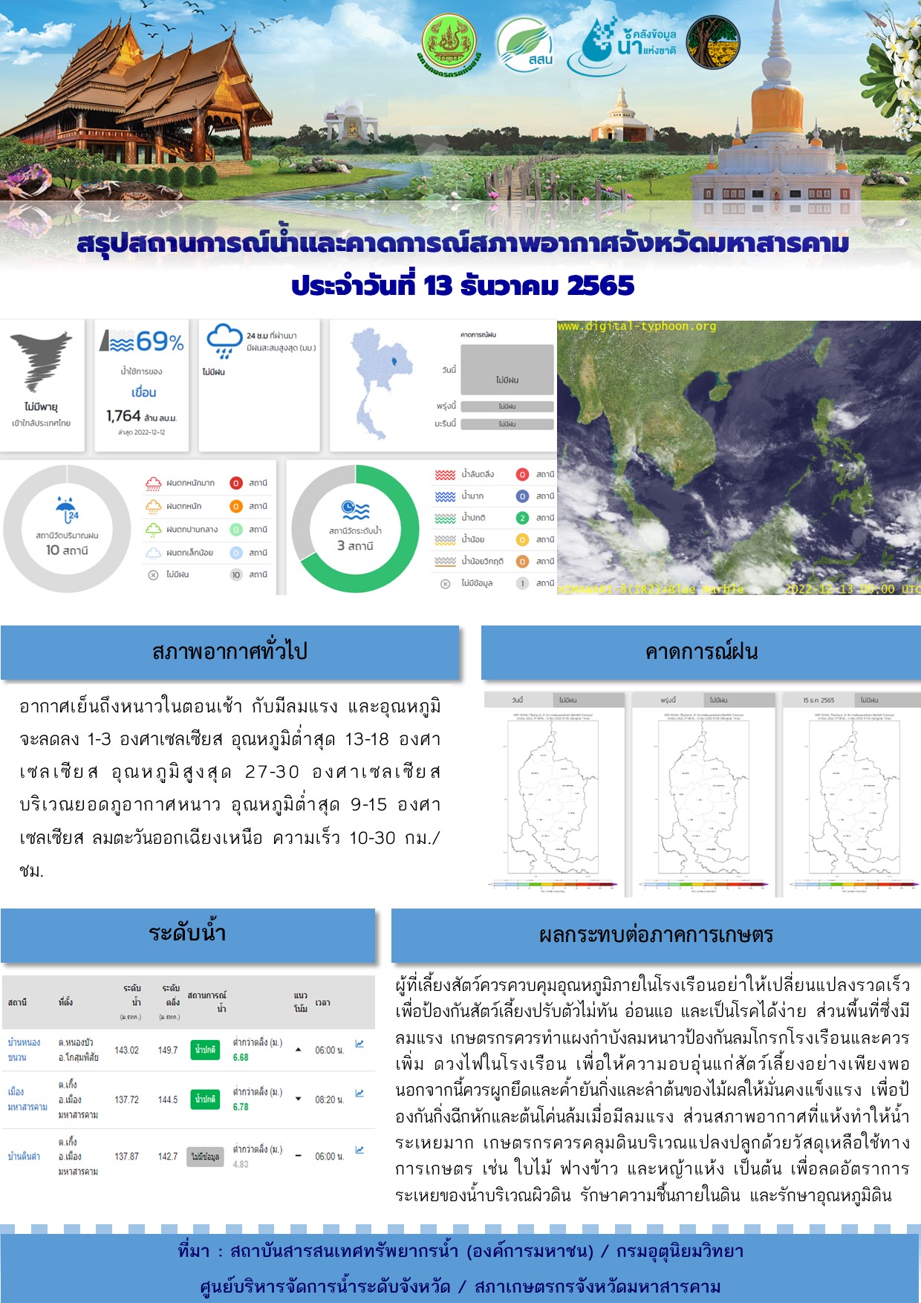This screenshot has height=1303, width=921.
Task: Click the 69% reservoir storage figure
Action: coord(159,342)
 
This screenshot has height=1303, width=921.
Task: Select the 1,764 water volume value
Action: coord(123,416)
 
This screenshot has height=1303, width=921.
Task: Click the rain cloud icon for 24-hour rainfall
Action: coord(224,340)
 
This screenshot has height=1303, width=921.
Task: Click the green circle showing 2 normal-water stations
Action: coord(522,518)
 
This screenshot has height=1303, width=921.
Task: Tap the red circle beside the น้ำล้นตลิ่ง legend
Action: coord(522,474)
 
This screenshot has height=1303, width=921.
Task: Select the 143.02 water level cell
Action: coord(126,1050)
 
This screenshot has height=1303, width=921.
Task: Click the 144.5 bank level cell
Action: coord(168,1099)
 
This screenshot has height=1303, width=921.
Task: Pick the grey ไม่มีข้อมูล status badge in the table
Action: coord(205,1157)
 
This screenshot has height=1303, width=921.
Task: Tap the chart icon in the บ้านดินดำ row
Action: coord(359,1150)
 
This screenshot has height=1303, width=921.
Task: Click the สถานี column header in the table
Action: coord(17,1002)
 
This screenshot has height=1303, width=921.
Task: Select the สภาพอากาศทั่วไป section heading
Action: coord(230,651)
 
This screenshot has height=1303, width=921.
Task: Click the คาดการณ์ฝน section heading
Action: coord(700,651)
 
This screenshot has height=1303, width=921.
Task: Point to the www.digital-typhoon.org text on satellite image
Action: coord(637,326)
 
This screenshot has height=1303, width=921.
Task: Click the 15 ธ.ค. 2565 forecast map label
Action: coord(818,700)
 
